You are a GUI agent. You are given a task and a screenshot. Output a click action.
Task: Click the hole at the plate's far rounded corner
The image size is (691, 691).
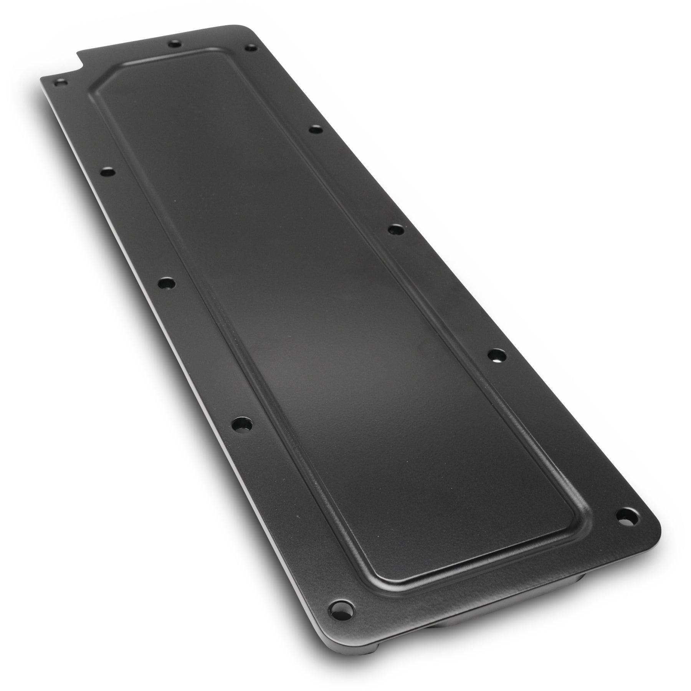(251, 48)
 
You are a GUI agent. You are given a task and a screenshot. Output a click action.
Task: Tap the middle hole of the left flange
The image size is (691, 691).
(167, 284)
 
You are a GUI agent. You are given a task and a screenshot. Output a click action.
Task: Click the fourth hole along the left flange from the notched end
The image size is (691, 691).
(242, 424)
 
